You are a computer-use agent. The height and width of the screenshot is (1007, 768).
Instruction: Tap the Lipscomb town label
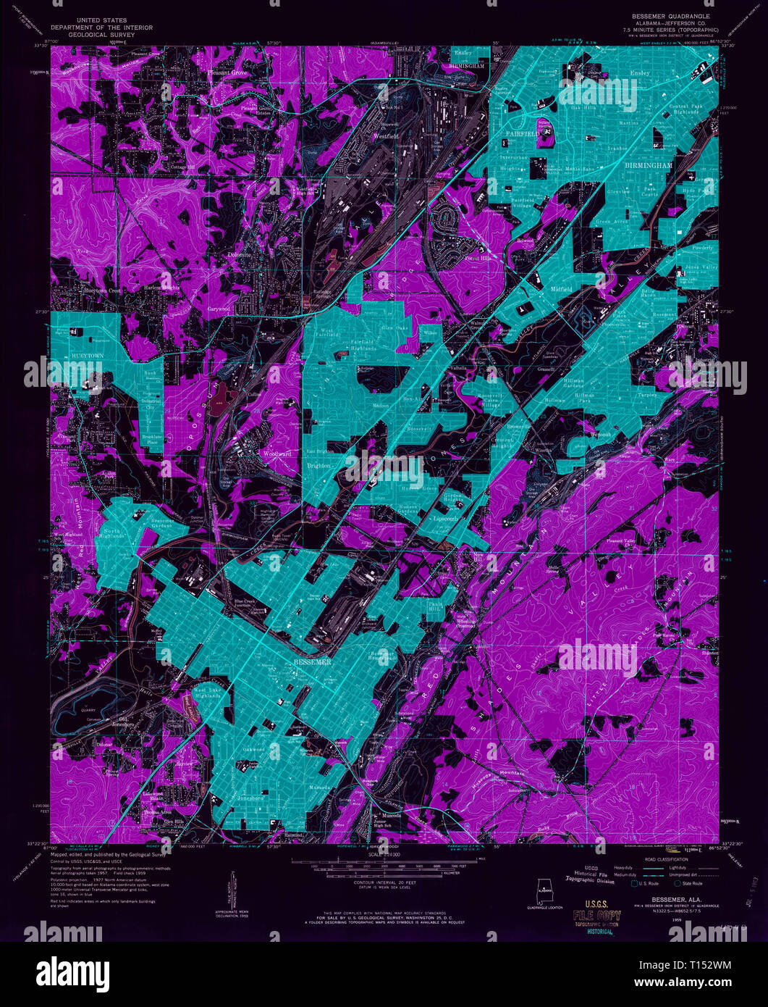pyautogui.click(x=444, y=519)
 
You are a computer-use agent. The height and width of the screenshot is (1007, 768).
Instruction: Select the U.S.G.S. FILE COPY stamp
pyautogui.click(x=596, y=917)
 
